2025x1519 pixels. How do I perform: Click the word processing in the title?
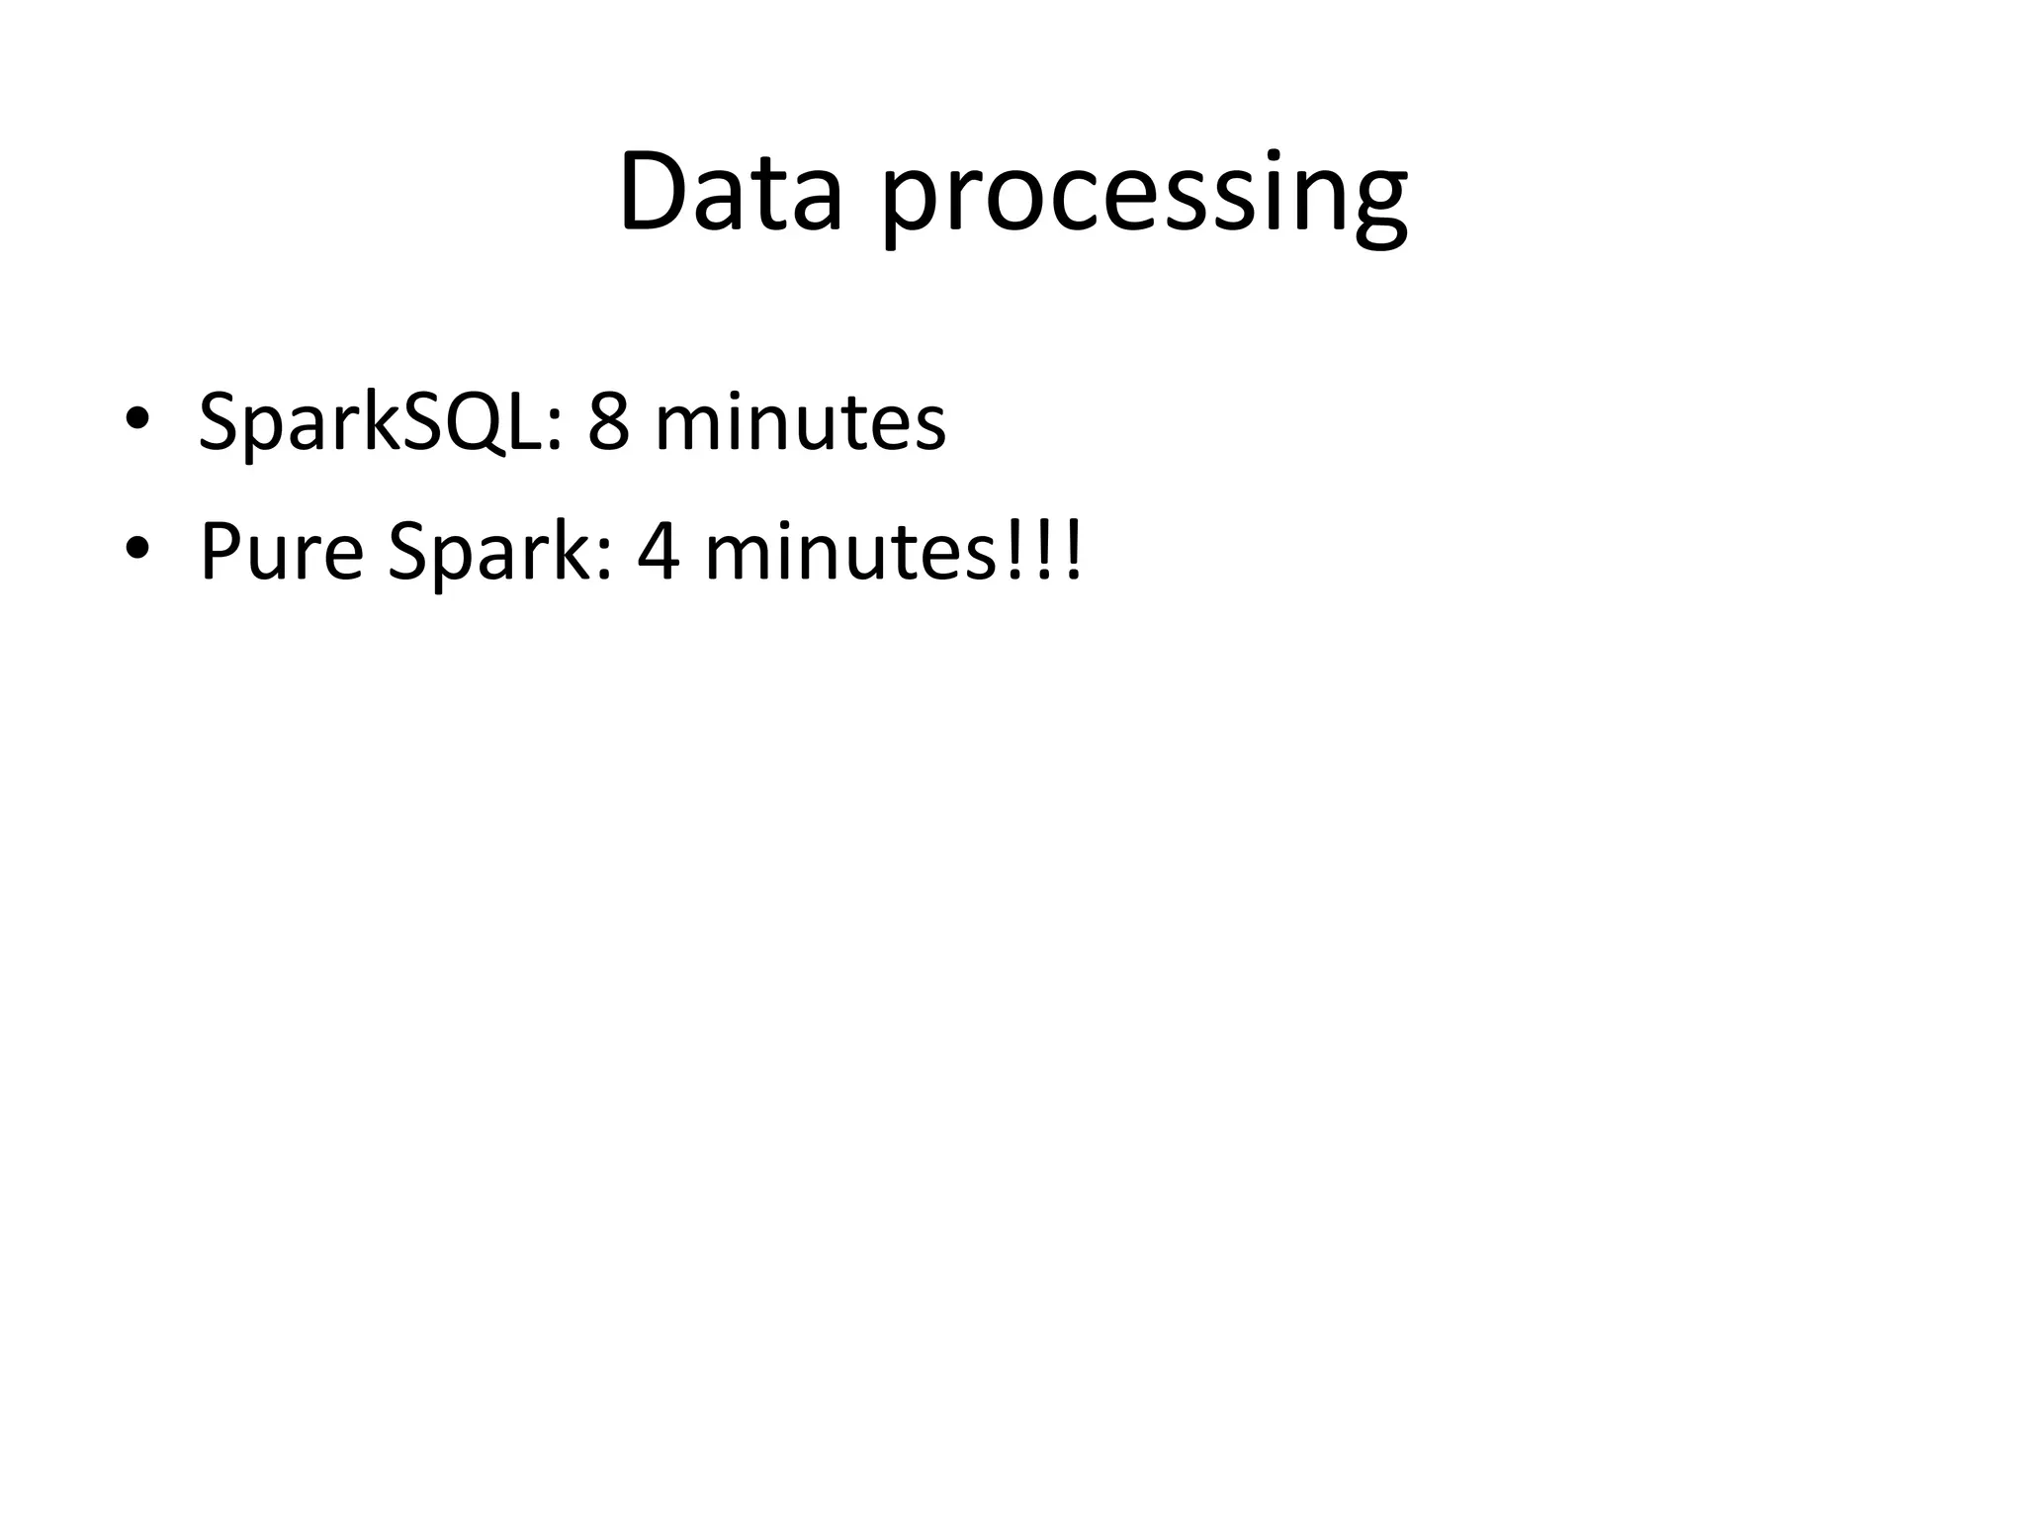[x=1144, y=198]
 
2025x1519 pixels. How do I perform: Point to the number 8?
[x=608, y=422]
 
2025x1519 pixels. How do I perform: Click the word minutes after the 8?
[x=799, y=422]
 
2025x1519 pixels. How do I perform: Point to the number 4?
[x=659, y=551]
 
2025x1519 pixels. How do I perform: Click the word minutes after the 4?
[x=849, y=551]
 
